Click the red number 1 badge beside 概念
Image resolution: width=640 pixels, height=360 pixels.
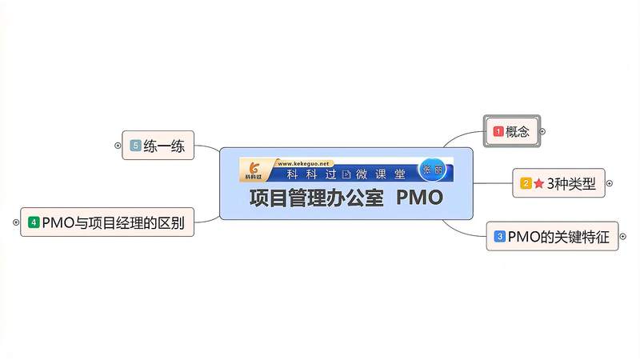(498, 131)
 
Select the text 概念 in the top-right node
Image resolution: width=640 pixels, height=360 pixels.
(518, 131)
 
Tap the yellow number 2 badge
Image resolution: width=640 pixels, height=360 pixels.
(526, 183)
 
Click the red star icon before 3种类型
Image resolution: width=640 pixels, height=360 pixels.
(538, 183)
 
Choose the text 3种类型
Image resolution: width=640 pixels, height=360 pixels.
(571, 183)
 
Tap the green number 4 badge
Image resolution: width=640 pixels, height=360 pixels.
(34, 222)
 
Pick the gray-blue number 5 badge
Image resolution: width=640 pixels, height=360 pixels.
(135, 146)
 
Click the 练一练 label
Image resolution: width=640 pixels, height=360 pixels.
(164, 146)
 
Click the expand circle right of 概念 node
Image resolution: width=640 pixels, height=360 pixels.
(542, 131)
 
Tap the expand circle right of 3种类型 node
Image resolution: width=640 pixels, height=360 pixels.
(610, 183)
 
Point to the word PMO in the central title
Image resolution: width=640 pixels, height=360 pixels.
(419, 198)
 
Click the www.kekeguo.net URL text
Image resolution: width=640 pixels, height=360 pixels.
(302, 163)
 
